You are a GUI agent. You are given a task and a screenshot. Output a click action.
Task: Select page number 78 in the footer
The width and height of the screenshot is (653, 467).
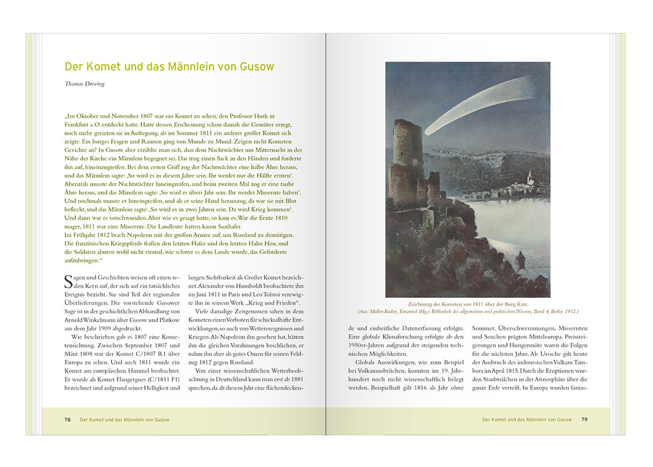click(x=68, y=420)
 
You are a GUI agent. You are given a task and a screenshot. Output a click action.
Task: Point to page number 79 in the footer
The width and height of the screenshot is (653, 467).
click(x=584, y=420)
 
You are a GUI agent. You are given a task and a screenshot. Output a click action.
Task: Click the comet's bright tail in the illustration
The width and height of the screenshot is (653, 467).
click(x=475, y=107)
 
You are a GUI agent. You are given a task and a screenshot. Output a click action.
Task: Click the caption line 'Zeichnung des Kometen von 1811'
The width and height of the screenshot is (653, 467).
click(x=468, y=303)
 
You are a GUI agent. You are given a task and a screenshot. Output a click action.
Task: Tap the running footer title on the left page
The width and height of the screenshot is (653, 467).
click(x=125, y=420)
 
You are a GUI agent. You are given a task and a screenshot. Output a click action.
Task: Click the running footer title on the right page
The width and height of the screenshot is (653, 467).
click(x=527, y=420)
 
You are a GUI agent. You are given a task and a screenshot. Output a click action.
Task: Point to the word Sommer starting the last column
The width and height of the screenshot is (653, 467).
click(x=484, y=328)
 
